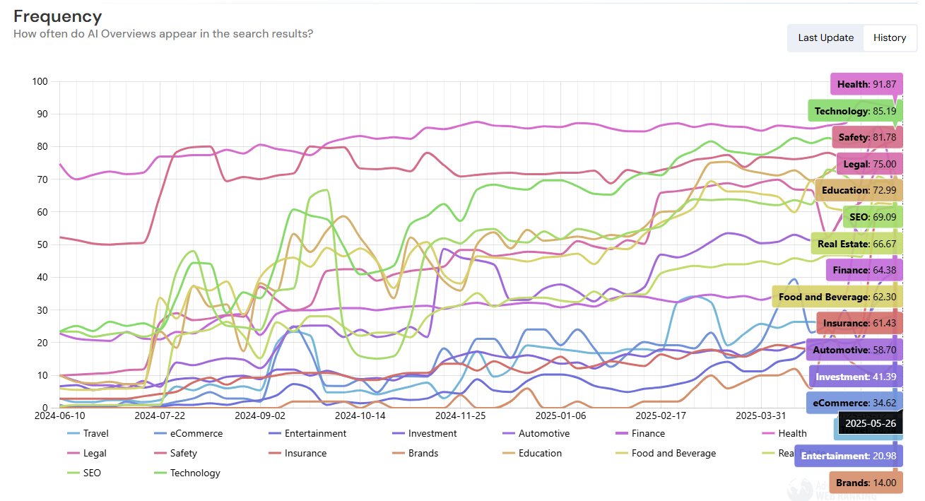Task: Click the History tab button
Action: click(889, 38)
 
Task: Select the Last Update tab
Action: click(825, 38)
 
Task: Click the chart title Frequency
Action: click(58, 17)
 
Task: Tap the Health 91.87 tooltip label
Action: click(866, 85)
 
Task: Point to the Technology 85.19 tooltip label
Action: click(855, 111)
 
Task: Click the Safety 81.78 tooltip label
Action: click(867, 137)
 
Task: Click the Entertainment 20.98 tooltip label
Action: click(849, 456)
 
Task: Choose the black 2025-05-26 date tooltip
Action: click(870, 423)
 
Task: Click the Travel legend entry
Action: click(95, 433)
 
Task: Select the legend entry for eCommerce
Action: click(196, 433)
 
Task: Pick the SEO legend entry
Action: click(92, 473)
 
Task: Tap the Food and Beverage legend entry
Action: click(673, 453)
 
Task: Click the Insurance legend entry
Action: click(305, 453)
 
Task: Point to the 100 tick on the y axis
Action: click(40, 82)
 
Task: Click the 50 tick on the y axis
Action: click(42, 244)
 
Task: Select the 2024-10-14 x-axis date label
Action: click(360, 416)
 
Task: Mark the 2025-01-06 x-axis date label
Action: click(560, 416)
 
